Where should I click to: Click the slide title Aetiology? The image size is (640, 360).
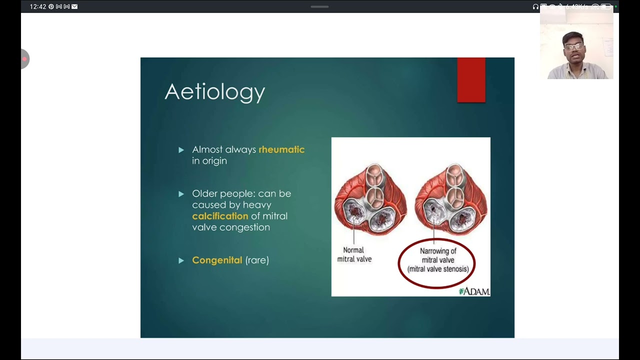[214, 92]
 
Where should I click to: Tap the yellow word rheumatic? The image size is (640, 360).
[281, 149]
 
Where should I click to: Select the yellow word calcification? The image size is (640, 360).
[220, 216]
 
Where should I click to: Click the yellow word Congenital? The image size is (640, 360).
[217, 260]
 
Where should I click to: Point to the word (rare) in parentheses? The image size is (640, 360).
[257, 260]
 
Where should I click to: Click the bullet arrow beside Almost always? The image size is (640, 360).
[181, 150]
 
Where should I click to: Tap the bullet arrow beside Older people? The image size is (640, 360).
[181, 194]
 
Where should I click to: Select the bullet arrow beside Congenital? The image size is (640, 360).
[181, 260]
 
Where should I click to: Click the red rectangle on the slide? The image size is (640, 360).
[471, 80]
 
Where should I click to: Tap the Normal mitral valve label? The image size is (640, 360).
[354, 254]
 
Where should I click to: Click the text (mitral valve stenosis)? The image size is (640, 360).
[437, 269]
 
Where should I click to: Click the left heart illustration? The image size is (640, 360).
[370, 200]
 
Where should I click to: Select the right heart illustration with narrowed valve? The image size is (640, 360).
[451, 200]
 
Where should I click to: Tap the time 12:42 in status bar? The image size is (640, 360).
[38, 6]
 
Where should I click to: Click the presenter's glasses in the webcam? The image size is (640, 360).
[574, 47]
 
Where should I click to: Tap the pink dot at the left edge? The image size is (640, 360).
[24, 59]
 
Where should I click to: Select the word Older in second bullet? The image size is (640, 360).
[204, 193]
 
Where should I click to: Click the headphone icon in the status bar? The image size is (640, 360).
[535, 6]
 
